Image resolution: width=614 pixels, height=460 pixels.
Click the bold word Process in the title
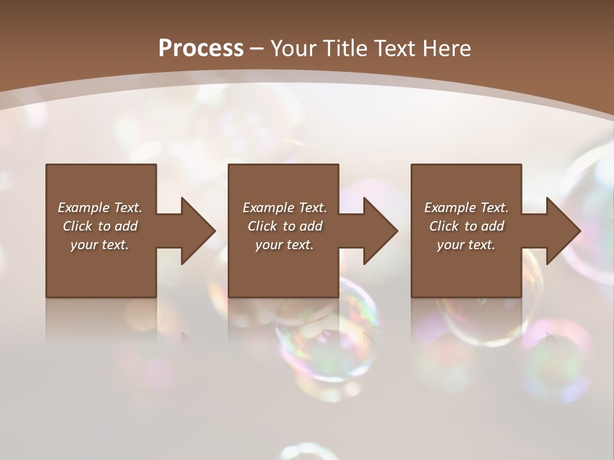201,48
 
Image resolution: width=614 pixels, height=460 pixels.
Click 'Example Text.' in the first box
100,208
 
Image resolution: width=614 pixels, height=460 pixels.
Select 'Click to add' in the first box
100,226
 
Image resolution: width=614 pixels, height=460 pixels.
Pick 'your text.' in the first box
100,245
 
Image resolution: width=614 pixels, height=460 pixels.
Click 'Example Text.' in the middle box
285,208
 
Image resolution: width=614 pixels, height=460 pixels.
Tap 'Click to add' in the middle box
285,226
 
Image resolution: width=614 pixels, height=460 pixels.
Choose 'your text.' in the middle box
285,245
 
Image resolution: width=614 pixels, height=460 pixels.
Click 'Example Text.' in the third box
466,208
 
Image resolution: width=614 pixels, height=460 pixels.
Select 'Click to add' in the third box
466,226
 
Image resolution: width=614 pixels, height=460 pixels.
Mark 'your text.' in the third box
466,245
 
